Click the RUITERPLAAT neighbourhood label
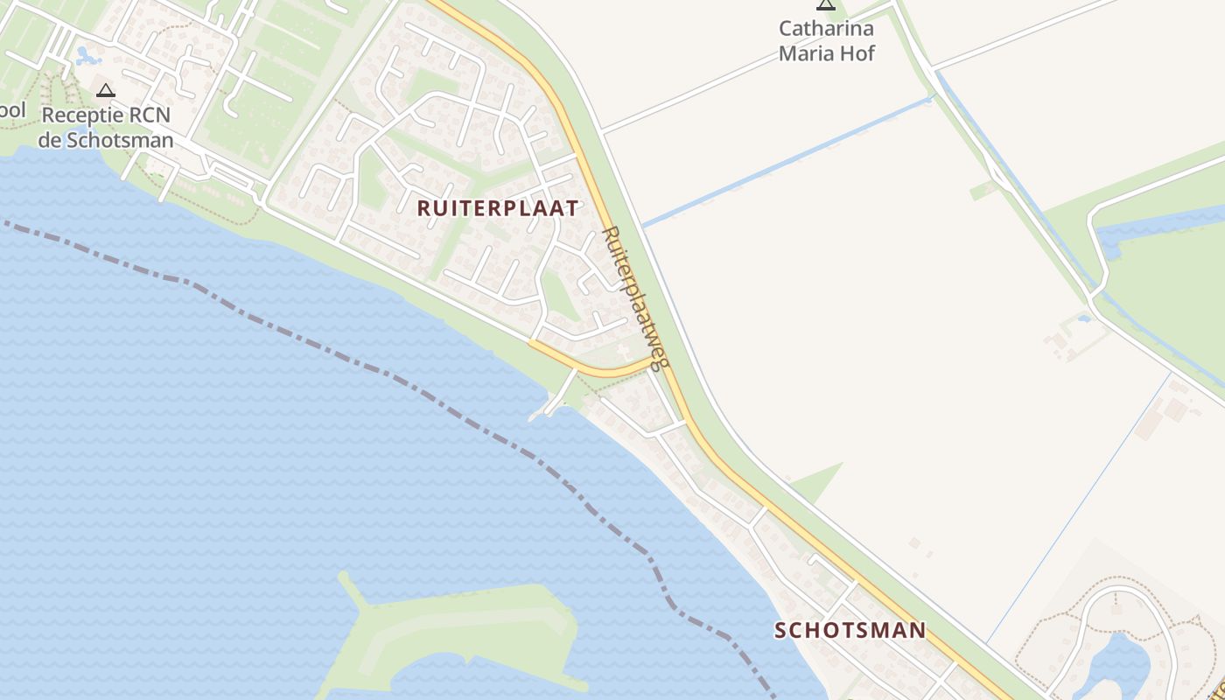pos(498,208)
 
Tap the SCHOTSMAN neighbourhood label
pos(850,630)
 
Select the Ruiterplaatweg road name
pos(635,297)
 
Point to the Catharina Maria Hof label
pos(826,40)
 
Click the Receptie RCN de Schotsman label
pos(106,127)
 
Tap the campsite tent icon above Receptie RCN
pos(106,89)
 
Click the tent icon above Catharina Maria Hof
pos(825,4)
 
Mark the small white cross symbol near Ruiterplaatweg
pos(622,350)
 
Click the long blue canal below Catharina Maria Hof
pos(787,163)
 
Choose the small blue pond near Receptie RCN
pos(87,57)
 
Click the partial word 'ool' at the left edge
pos(12,111)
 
